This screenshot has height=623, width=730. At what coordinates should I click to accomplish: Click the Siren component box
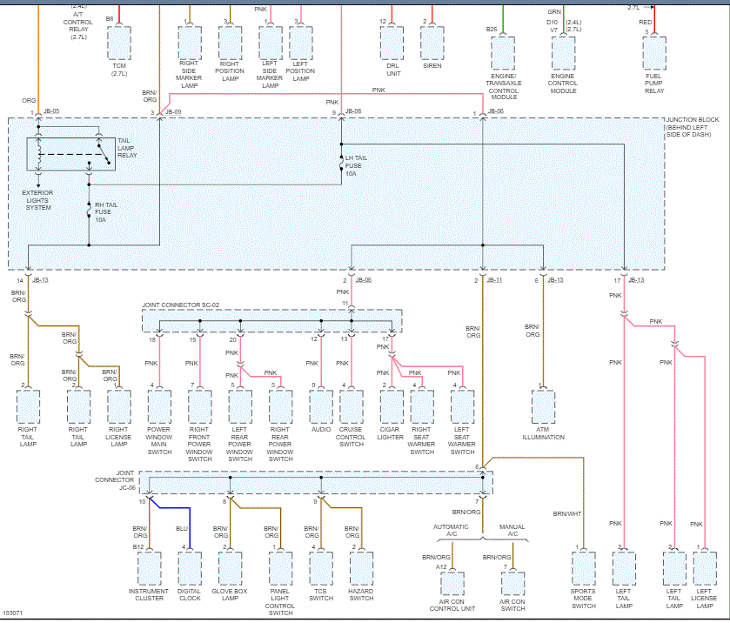click(432, 42)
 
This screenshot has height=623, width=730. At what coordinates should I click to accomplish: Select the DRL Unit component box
click(392, 42)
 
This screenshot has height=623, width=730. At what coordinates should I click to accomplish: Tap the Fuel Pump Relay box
click(654, 52)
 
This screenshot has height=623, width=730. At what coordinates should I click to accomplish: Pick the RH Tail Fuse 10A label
click(105, 213)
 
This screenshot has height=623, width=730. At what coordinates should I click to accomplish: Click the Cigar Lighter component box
click(392, 405)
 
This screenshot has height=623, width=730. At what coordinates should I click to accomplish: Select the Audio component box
click(321, 405)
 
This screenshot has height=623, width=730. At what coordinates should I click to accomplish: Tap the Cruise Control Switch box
click(352, 405)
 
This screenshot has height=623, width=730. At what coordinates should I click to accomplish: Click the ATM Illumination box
click(544, 405)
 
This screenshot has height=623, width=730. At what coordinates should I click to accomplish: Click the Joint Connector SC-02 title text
click(181, 305)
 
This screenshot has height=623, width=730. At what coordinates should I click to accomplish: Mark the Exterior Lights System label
click(37, 202)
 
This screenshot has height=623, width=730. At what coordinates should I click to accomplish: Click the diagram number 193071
click(13, 615)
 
